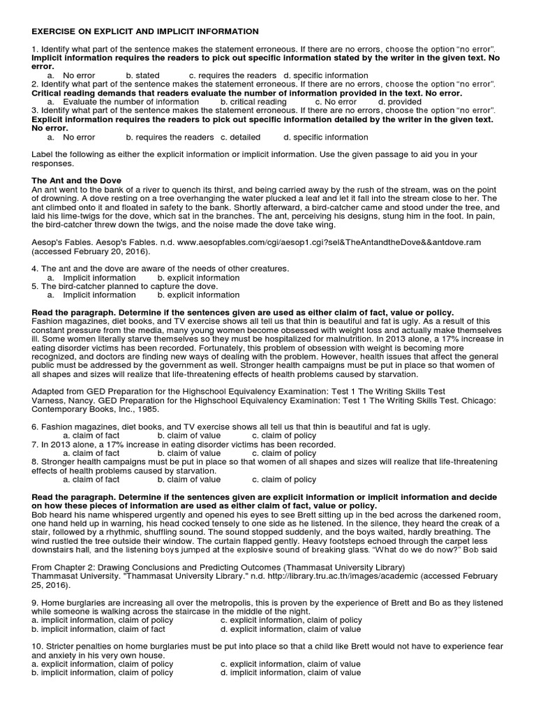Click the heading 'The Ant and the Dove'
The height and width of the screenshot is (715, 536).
73,181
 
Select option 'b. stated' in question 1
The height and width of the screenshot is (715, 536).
142,75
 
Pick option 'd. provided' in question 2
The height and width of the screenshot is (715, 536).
399,101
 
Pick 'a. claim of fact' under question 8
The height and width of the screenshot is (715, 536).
91,479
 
